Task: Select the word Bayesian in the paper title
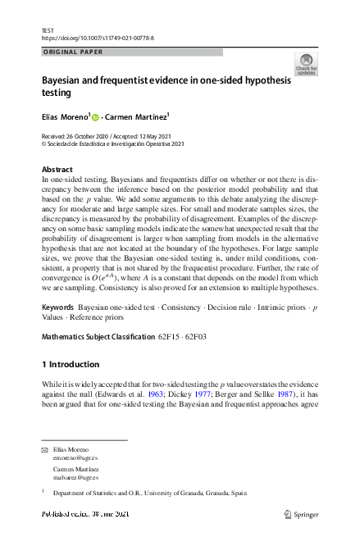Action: (x=68, y=83)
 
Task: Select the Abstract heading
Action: (x=57, y=170)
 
